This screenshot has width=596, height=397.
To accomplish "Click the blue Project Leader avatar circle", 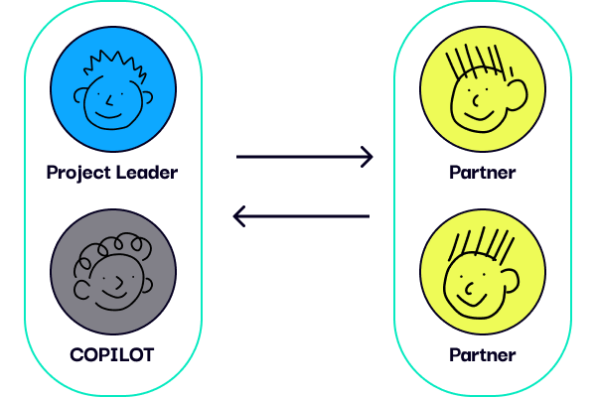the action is (113, 89).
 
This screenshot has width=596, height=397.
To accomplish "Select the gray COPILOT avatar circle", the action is (113, 272).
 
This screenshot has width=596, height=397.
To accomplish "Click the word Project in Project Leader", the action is (78, 173).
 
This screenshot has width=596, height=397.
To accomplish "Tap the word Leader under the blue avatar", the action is (147, 172).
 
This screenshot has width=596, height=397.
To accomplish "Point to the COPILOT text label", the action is (112, 355).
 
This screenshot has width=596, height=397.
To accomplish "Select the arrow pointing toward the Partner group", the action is (305, 157).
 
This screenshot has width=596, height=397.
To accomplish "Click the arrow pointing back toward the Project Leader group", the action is (301, 216).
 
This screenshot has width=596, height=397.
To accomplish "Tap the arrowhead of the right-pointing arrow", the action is (367, 157).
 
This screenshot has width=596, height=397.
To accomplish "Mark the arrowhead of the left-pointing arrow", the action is (239, 216).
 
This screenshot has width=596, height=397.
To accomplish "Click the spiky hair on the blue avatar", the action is (114, 65).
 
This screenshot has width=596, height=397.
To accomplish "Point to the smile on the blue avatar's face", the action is (108, 115).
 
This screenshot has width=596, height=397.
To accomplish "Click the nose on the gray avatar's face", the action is (119, 283).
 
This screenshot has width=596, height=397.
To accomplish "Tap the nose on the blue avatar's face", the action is (108, 101).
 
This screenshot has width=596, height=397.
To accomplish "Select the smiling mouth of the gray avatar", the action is (113, 294).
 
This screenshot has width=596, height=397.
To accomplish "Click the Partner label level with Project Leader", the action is (483, 173).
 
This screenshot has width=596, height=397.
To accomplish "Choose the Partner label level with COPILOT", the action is (483, 355).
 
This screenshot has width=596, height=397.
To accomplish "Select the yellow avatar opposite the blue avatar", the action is (483, 89).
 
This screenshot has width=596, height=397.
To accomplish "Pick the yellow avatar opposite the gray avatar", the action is (483, 272).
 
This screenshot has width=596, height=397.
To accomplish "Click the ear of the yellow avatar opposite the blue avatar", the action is (517, 94).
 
